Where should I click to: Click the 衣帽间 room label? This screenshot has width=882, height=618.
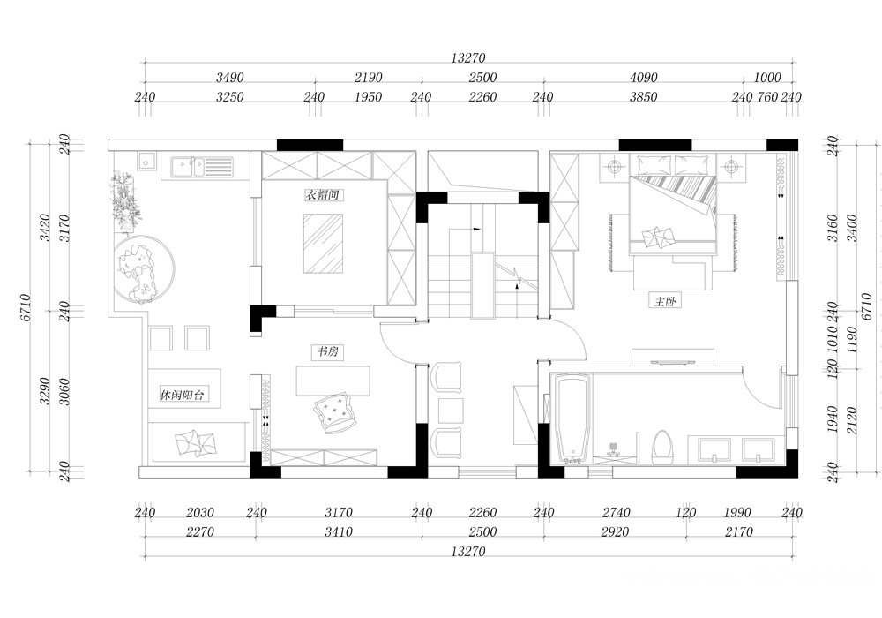pyautogui.click(x=324, y=195)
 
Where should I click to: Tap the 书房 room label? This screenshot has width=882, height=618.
pyautogui.click(x=327, y=351)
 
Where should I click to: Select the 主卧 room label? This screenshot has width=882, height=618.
pyautogui.click(x=665, y=301)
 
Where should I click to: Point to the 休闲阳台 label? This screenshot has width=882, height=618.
pyautogui.click(x=183, y=396)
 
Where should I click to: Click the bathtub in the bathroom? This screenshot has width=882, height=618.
pyautogui.click(x=573, y=418)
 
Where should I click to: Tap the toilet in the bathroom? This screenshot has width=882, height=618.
pyautogui.click(x=662, y=448)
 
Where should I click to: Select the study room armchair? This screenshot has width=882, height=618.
pyautogui.click(x=334, y=412)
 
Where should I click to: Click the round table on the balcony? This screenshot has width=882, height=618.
pyautogui.click(x=143, y=269)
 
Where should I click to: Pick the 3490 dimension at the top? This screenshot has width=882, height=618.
pyautogui.click(x=230, y=78)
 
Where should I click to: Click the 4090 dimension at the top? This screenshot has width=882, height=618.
pyautogui.click(x=644, y=78)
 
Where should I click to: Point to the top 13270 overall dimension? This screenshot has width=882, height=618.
pyautogui.click(x=468, y=58)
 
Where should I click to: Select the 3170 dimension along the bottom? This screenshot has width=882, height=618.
pyautogui.click(x=339, y=513)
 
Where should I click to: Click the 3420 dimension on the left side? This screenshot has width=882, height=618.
pyautogui.click(x=46, y=228)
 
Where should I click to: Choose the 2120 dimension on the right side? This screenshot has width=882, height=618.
pyautogui.click(x=852, y=420)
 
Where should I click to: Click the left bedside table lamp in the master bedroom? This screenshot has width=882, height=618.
pyautogui.click(x=614, y=167)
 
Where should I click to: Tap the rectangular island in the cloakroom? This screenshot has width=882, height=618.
pyautogui.click(x=324, y=243)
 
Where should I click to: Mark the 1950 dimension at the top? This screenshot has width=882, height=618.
pyautogui.click(x=369, y=97)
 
